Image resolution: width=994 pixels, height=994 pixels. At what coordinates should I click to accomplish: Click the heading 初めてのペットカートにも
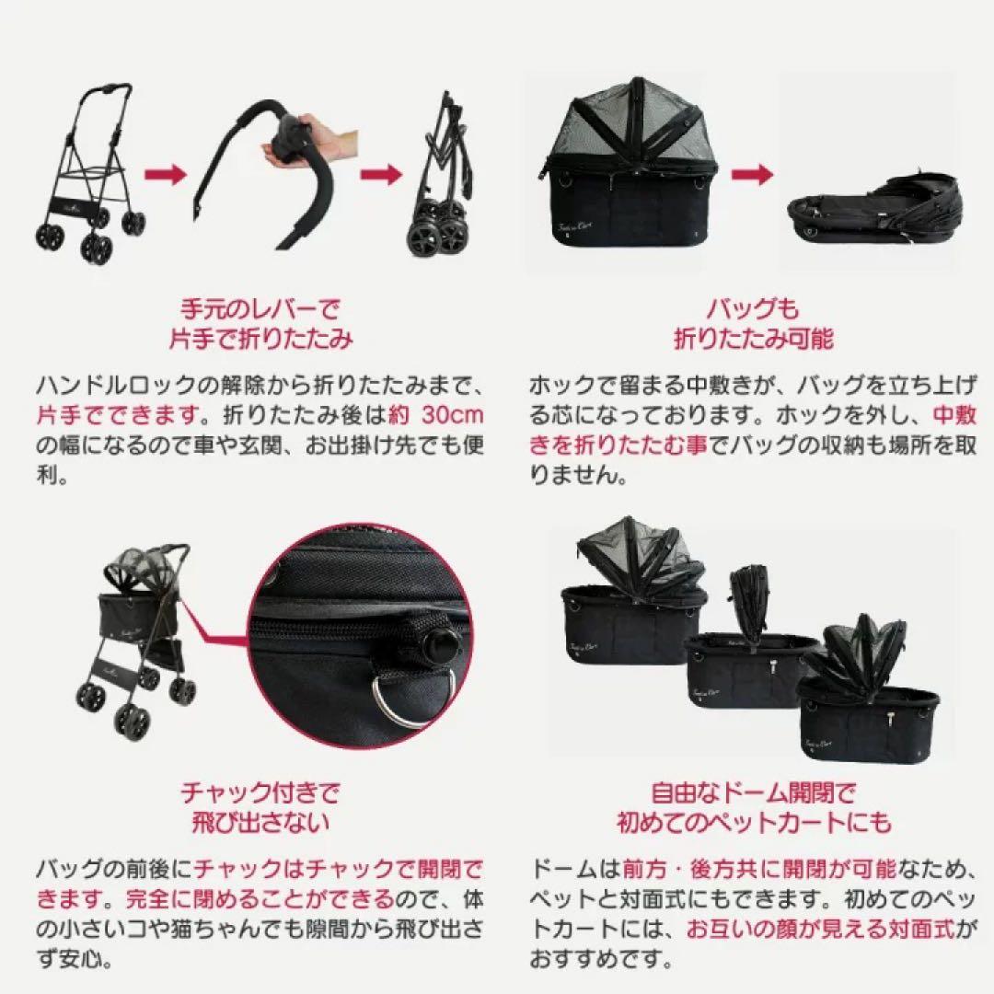(x=754, y=822)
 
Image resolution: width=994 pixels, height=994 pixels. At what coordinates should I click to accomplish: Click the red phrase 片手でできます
(x=97, y=415)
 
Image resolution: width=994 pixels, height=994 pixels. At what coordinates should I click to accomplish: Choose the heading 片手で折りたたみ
(x=260, y=340)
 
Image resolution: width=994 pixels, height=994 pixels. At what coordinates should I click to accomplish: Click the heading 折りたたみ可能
(x=754, y=340)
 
